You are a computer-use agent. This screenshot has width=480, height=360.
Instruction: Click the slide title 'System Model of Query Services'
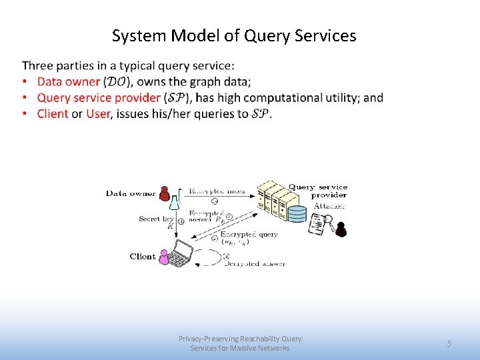(x=234, y=36)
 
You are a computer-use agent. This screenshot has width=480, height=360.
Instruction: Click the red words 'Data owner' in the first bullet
(x=69, y=82)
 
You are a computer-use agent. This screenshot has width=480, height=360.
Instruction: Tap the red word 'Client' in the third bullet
(x=53, y=113)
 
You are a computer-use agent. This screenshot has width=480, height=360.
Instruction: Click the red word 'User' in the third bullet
(x=98, y=113)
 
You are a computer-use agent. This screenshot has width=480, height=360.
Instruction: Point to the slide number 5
(x=449, y=344)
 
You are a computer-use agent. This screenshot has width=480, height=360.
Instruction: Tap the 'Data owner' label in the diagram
(x=131, y=194)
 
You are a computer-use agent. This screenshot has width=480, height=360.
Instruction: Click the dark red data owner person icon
(x=165, y=193)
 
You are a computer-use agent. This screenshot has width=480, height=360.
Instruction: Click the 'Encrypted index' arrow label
(x=217, y=191)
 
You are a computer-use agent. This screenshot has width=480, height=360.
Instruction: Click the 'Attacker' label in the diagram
(x=329, y=207)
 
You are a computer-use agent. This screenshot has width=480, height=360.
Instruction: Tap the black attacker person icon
(x=341, y=229)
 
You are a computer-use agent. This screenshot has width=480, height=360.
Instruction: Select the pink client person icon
(x=165, y=257)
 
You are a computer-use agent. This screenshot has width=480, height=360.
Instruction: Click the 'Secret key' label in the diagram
(x=156, y=219)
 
